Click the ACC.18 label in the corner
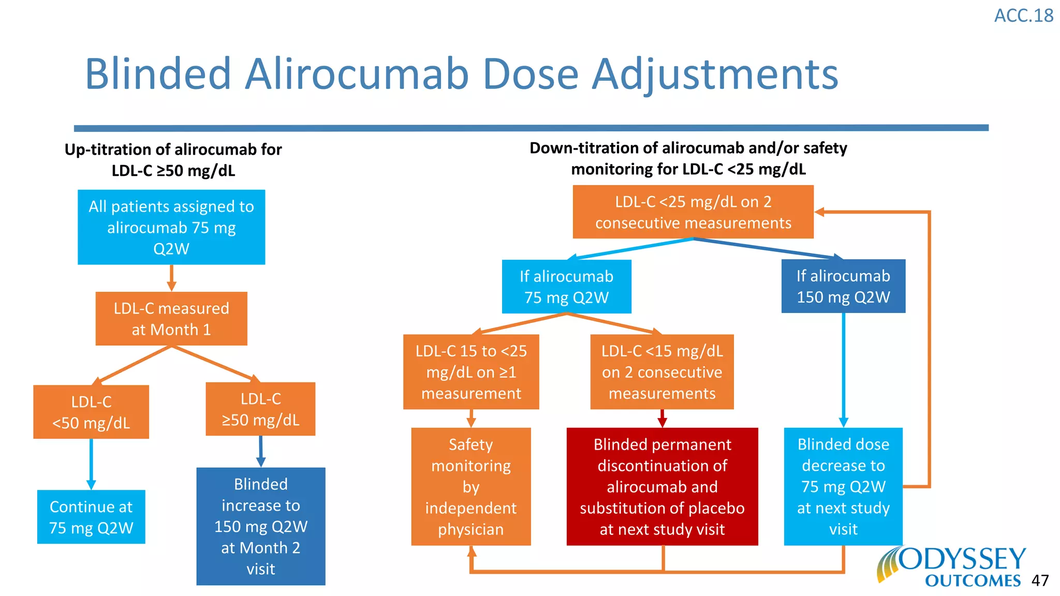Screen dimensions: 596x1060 (1023, 16)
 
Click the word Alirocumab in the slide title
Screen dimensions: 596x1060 (356, 74)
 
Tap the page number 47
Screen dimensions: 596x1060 (1040, 580)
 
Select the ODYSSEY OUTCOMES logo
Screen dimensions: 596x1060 (952, 568)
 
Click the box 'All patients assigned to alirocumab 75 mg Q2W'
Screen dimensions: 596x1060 (171, 227)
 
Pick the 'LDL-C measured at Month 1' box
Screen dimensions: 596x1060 (171, 319)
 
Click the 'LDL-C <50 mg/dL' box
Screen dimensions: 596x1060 (91, 412)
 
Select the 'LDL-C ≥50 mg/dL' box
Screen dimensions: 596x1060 (260, 409)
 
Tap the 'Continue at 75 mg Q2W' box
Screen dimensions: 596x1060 (91, 517)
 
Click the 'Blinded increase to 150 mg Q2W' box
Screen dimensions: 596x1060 (261, 526)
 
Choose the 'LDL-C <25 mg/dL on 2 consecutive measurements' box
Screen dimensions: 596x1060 (693, 212)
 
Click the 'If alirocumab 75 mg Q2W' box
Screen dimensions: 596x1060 (566, 287)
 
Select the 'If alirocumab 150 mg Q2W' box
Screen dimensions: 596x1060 (843, 286)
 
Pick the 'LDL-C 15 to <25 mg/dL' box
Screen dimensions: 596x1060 (471, 372)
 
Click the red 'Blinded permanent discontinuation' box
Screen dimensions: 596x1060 (662, 486)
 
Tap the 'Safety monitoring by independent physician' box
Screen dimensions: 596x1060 (471, 486)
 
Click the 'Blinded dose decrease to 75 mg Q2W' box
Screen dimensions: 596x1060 (843, 486)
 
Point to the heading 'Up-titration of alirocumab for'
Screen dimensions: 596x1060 (173, 150)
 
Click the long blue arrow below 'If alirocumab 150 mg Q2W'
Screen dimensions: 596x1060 (843, 370)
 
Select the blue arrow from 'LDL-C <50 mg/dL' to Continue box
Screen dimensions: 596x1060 (91, 463)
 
